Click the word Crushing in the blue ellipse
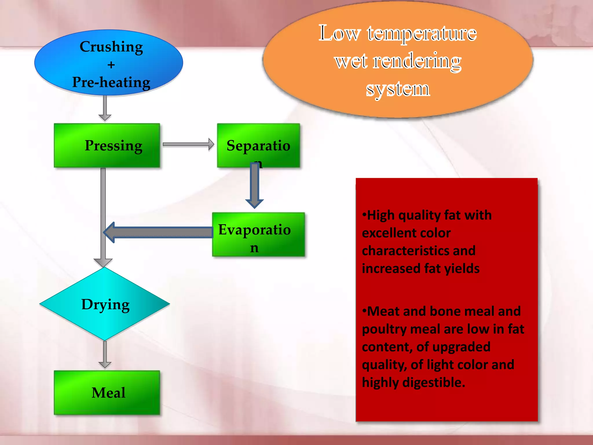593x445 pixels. (x=111, y=47)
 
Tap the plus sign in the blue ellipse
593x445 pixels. (x=111, y=65)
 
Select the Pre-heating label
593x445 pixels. (x=111, y=82)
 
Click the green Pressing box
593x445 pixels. (x=107, y=145)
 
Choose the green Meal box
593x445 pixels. (x=107, y=393)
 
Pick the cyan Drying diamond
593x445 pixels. (x=105, y=304)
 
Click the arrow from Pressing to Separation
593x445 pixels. (x=188, y=144)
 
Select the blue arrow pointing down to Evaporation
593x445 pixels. (x=254, y=185)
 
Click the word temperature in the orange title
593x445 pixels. (x=422, y=34)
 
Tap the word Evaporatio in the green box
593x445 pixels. (x=254, y=229)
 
